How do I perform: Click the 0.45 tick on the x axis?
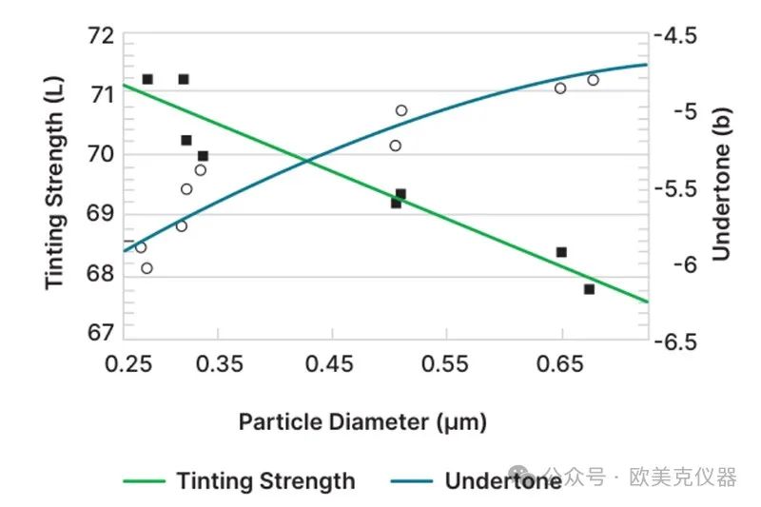332,364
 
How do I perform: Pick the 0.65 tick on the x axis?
560,364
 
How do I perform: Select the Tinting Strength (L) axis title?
55,186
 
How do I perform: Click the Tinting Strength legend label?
265,481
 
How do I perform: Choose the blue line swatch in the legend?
410,481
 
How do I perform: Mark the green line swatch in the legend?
144,481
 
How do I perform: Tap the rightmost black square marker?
589,289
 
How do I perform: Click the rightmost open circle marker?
593,80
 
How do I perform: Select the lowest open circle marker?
146,268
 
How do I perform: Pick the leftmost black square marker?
147,79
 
